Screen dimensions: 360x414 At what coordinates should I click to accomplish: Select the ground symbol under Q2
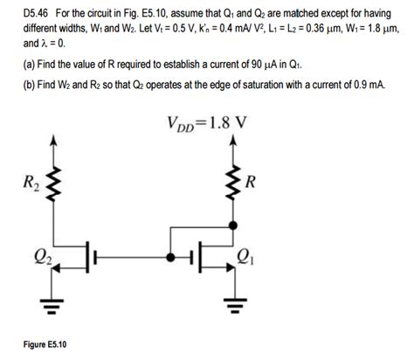[x=55, y=305]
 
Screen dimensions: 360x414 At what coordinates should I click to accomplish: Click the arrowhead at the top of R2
[x=55, y=142]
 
